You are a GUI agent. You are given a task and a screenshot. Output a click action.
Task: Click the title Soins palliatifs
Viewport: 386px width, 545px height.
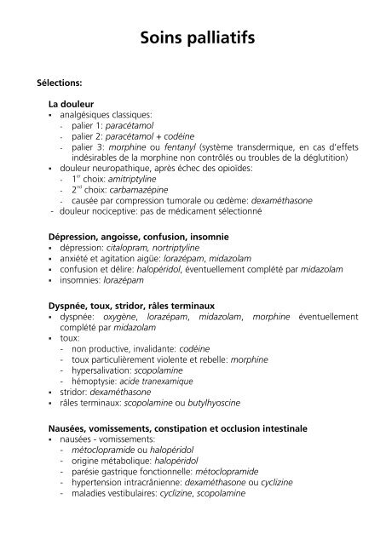coord(193,38)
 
